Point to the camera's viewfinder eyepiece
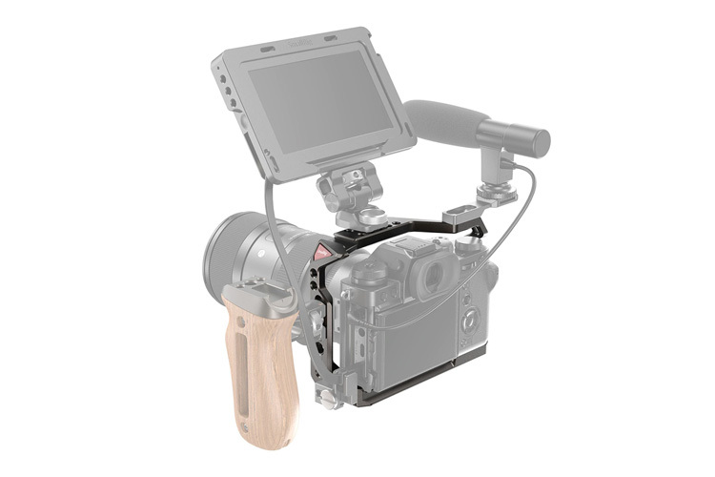435,277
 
